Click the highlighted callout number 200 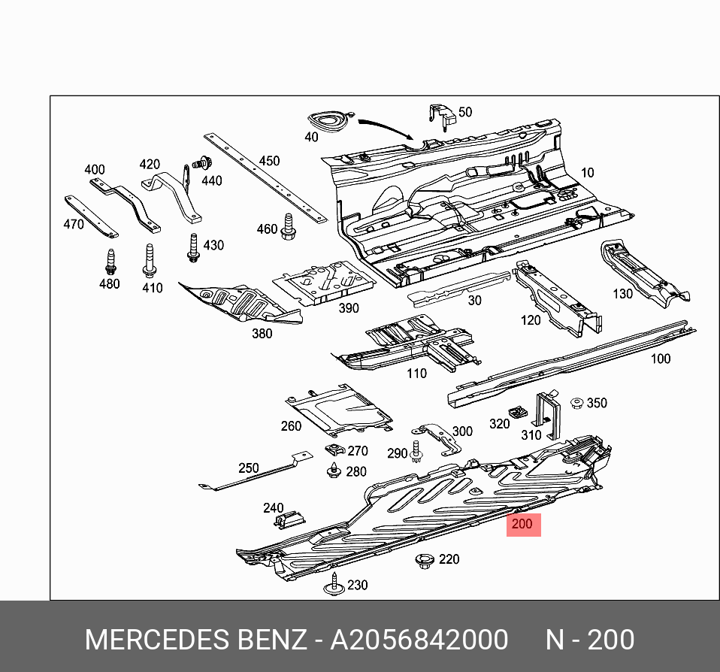(524, 524)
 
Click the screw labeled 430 (193, 249)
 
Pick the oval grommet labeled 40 (329, 122)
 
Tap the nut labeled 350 (577, 404)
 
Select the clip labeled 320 (517, 413)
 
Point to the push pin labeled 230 (333, 585)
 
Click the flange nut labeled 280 (333, 472)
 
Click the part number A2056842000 (419, 640)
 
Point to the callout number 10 (587, 173)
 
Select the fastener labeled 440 (201, 162)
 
